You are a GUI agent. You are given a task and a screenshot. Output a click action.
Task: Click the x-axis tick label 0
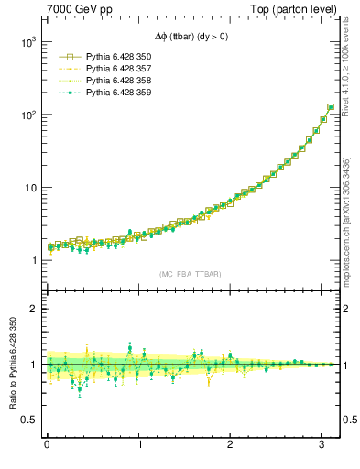[x=47, y=446]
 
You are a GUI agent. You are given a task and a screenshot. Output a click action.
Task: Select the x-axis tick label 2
[x=230, y=446]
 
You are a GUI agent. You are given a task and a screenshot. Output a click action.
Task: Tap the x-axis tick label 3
[x=322, y=446]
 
